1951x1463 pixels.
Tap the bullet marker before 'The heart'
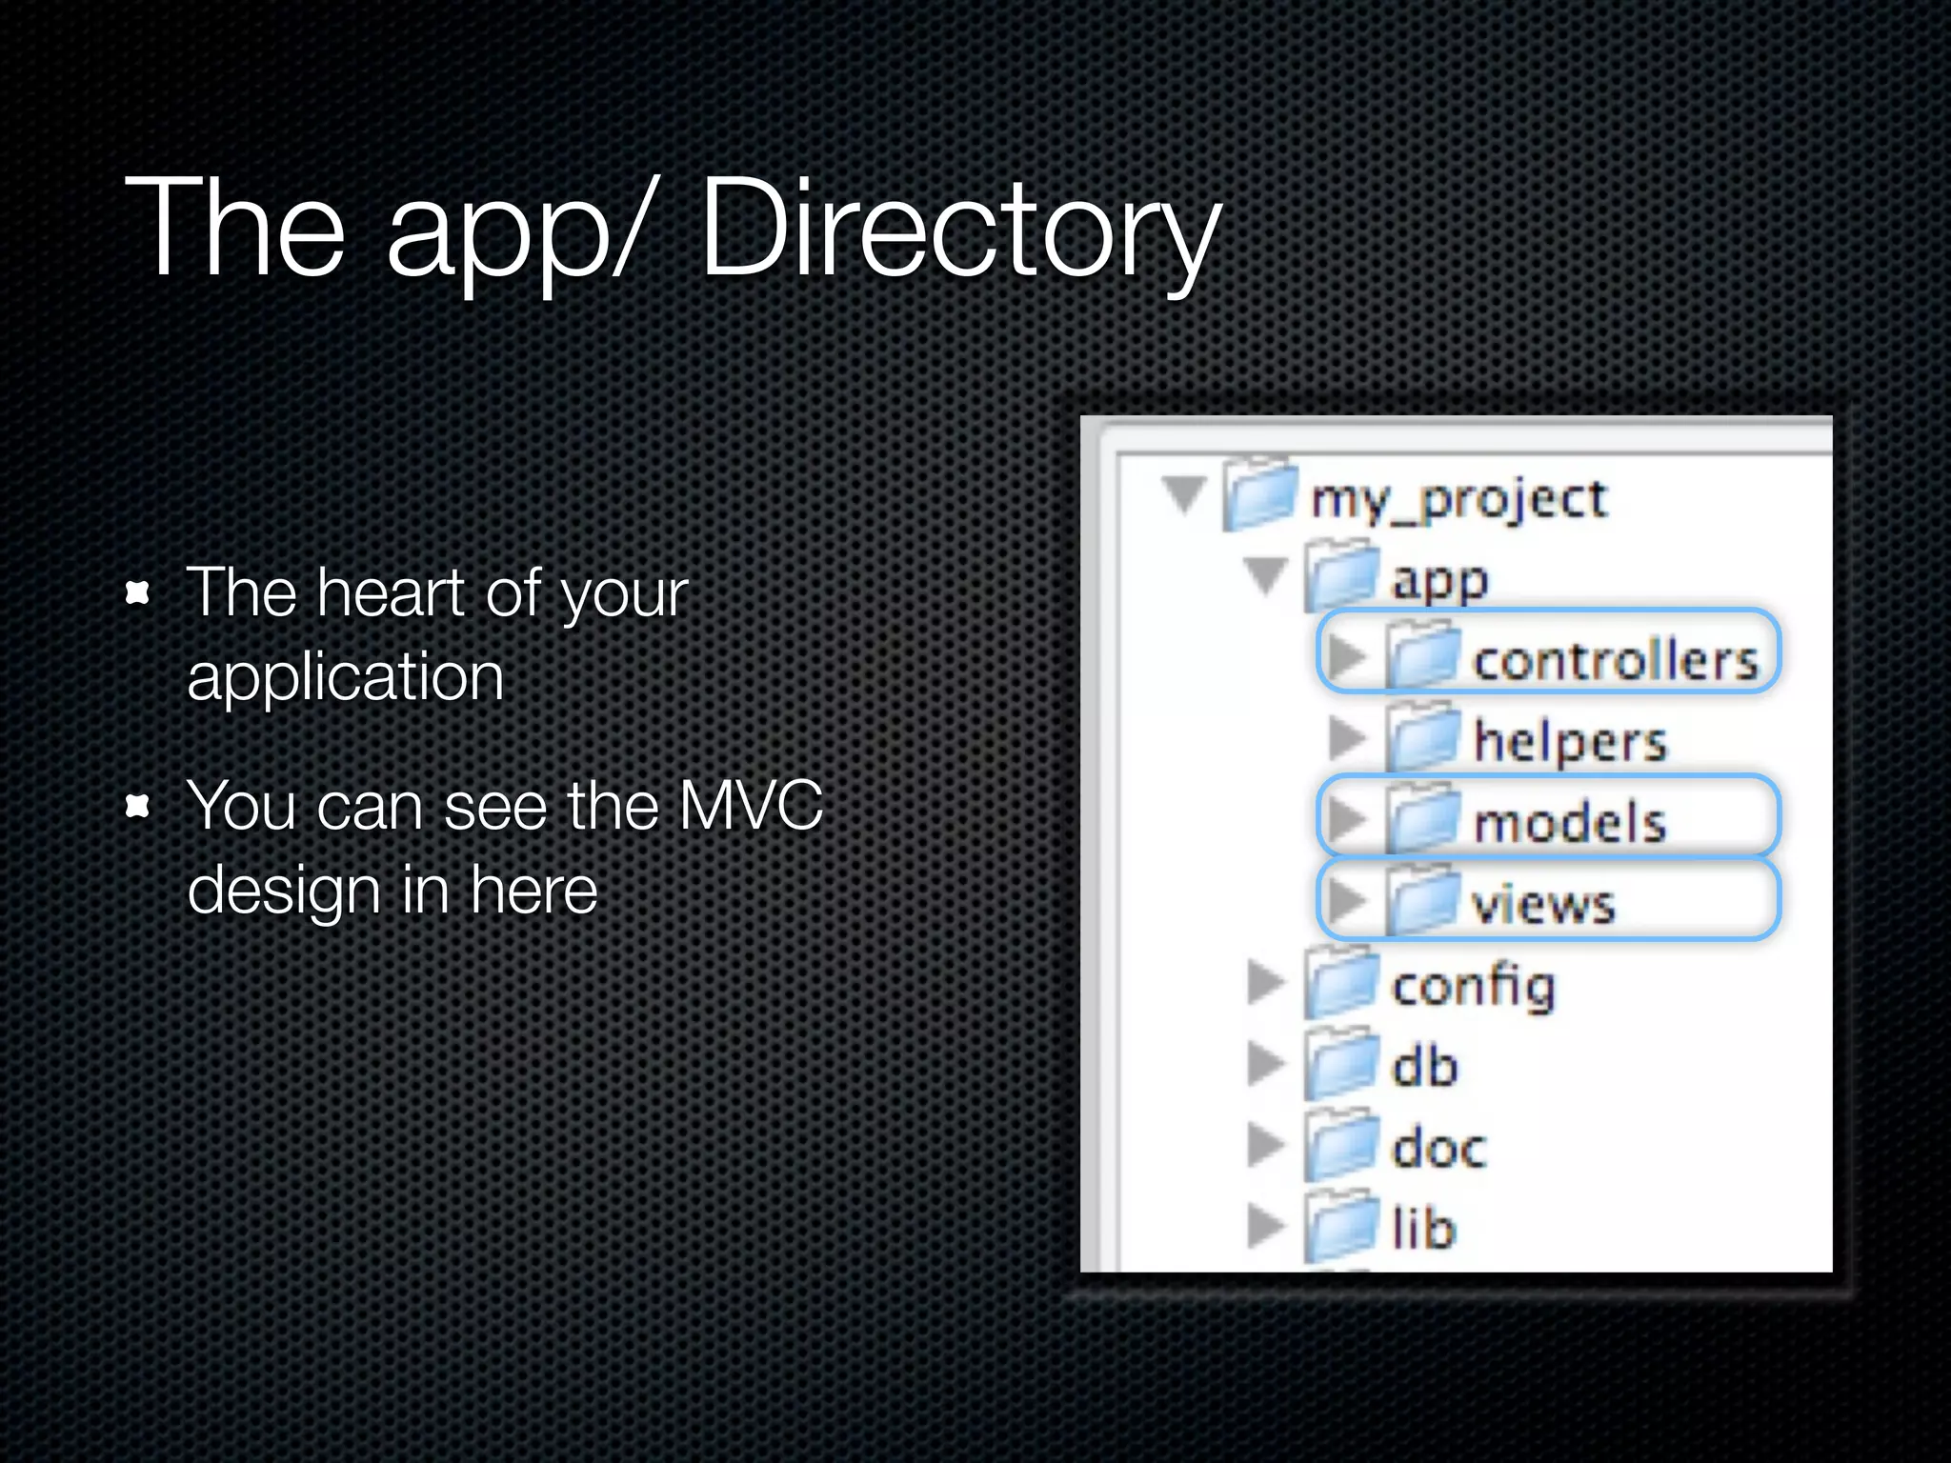tap(139, 593)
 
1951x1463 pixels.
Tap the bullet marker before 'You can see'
tap(139, 807)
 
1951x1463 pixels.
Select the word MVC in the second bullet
tap(751, 807)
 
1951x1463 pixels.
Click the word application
tap(345, 678)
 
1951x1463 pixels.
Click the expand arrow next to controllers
tap(1346, 655)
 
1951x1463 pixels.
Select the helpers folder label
tap(1570, 742)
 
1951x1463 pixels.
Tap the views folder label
tap(1543, 904)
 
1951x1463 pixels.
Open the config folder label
tap(1473, 987)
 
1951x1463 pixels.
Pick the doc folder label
tap(1438, 1148)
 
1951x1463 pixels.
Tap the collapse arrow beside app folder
tap(1266, 575)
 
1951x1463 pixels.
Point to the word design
tap(284, 892)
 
